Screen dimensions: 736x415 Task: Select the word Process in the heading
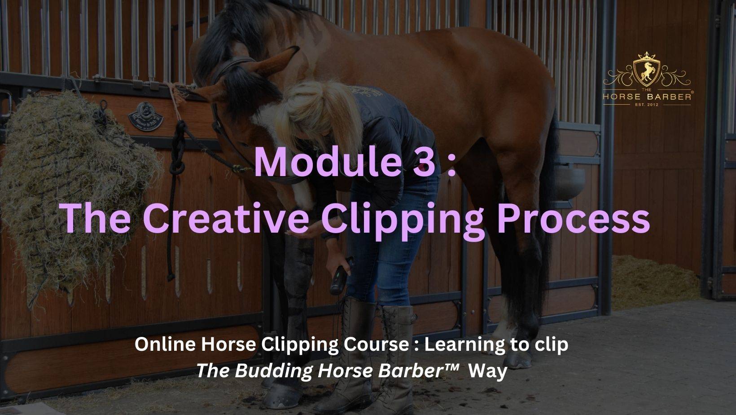(573, 218)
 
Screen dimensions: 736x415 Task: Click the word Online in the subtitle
(166, 344)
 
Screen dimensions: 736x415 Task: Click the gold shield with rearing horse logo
(646, 69)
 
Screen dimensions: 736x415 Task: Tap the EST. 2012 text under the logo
(647, 105)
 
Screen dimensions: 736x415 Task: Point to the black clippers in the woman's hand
(341, 276)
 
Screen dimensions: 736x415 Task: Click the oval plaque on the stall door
(146, 116)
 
